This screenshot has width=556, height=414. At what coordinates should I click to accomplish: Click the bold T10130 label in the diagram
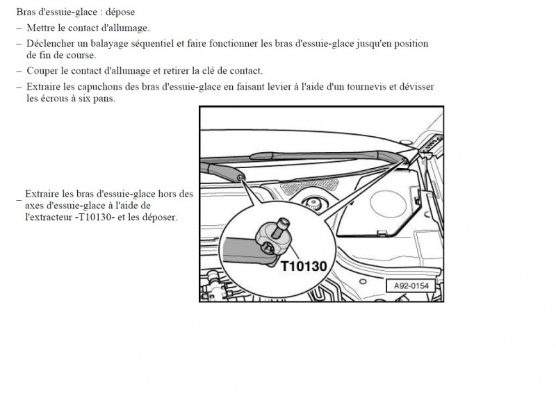point(304,266)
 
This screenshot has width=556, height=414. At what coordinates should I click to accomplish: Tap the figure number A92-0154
point(411,285)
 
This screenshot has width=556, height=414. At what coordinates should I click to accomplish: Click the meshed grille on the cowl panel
point(309,185)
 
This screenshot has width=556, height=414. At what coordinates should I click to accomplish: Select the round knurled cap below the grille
point(314,203)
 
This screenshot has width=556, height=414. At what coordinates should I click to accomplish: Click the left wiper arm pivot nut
point(240,177)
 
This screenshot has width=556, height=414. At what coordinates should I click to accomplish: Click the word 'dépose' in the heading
point(120,12)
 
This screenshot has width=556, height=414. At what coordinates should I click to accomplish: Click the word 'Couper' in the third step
point(42,71)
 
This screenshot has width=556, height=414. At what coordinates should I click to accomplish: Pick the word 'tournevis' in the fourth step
point(366,87)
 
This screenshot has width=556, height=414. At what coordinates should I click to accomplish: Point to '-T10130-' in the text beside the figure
point(95,217)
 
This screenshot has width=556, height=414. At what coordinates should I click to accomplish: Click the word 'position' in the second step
point(411,44)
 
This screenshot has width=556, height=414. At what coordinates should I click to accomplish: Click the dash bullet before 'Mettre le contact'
point(19,28)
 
